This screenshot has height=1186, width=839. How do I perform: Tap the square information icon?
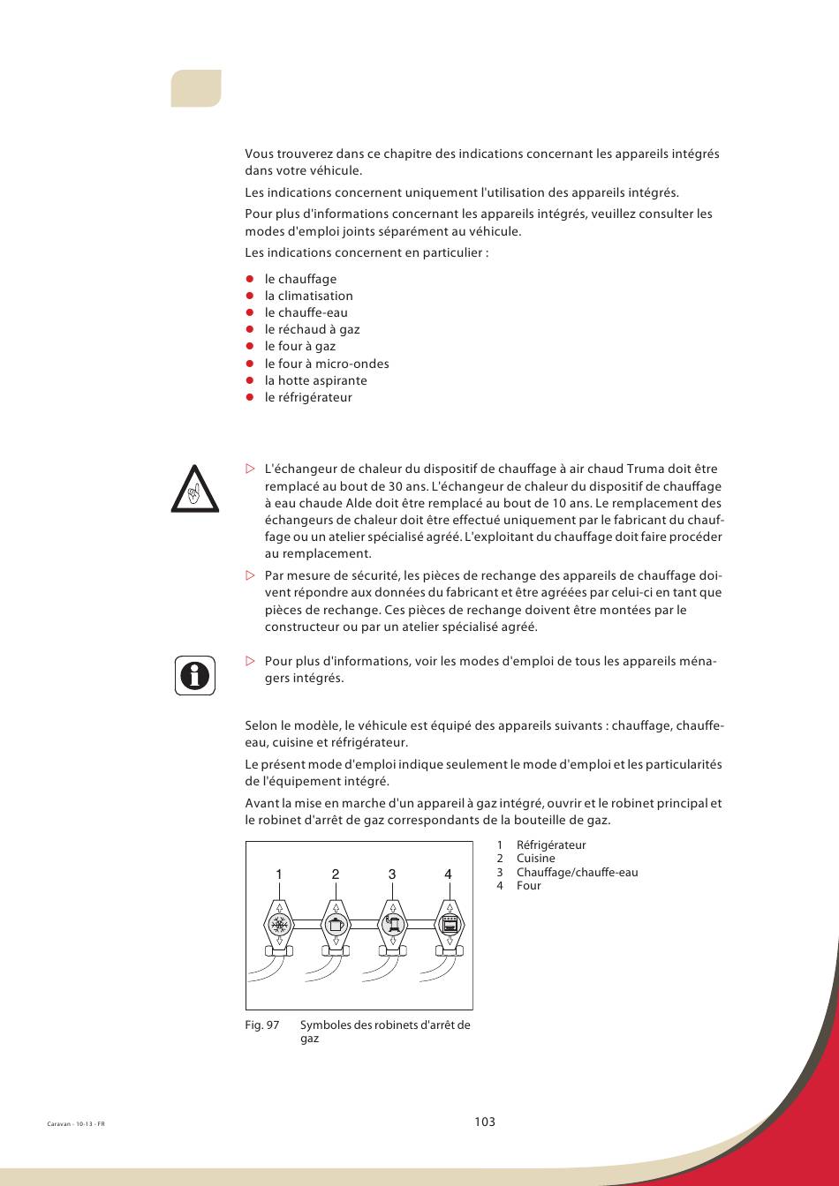pos(194,676)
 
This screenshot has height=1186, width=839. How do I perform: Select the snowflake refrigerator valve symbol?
pos(279,925)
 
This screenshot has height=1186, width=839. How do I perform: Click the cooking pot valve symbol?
pos(336,925)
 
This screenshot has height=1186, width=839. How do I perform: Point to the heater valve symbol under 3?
pos(392,925)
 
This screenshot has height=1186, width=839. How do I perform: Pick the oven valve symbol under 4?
pos(450,925)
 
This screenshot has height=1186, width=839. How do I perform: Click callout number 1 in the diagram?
pos(278,874)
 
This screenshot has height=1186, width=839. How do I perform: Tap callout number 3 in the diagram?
pos(392,874)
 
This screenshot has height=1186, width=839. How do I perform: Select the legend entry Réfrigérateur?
pos(551,844)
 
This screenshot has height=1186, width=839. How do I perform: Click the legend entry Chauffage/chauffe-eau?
pos(577,872)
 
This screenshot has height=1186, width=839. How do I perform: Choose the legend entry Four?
pos(528,885)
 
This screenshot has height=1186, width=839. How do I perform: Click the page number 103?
pos(484,1122)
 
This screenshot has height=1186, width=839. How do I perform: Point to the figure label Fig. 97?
pos(261,1025)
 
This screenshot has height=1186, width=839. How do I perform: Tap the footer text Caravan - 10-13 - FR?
pos(75,1124)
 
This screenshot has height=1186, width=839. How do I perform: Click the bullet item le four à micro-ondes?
pos(327,364)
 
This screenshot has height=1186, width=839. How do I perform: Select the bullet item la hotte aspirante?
pos(315,380)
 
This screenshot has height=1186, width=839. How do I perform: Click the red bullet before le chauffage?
pos(250,279)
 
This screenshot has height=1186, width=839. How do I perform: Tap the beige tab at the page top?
pos(196,88)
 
